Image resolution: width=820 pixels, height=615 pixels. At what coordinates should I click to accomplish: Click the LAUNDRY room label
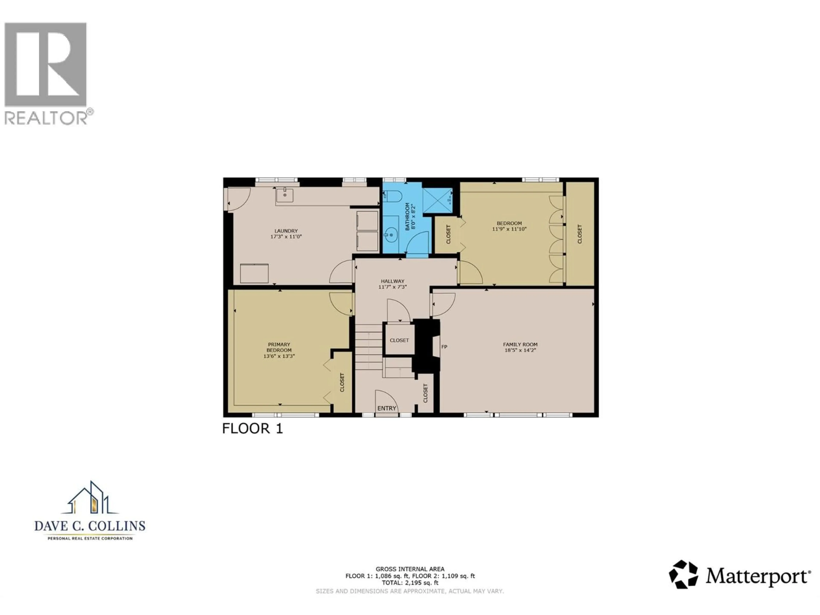pyautogui.click(x=286, y=231)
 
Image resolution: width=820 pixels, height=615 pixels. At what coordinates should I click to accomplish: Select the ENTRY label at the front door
pyautogui.click(x=387, y=408)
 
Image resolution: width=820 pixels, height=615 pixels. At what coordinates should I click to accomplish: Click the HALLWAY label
pyautogui.click(x=392, y=281)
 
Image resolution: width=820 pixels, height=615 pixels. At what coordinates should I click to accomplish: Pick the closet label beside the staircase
pyautogui.click(x=399, y=340)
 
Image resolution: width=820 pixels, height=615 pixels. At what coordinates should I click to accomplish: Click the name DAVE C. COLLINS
pyautogui.click(x=90, y=526)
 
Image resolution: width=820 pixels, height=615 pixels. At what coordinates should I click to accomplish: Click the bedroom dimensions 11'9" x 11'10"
pyautogui.click(x=509, y=229)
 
